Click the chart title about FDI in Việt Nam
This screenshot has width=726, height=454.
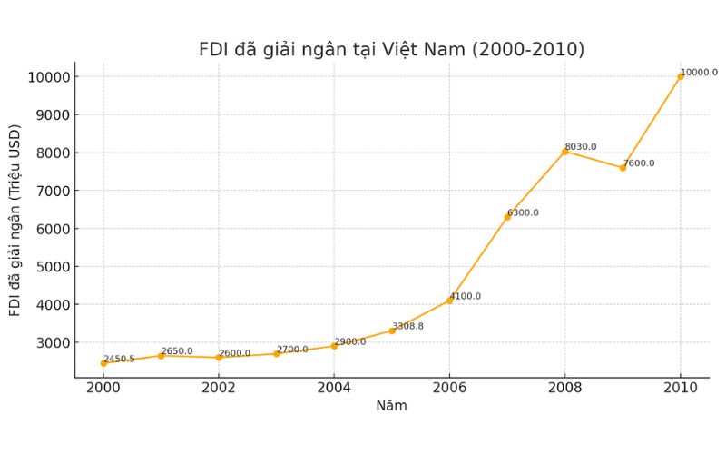coord(391,50)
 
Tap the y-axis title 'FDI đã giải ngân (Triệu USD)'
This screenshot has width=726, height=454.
coord(15,222)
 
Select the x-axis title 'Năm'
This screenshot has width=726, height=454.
coord(391,406)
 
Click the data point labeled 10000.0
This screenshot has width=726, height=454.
coord(681,76)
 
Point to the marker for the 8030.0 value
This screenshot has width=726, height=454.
coord(565,152)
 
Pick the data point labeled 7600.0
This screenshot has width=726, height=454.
coord(623,168)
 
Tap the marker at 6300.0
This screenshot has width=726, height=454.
coord(507,217)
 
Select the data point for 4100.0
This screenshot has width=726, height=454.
coord(449,301)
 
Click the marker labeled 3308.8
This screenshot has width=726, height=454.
coord(392,331)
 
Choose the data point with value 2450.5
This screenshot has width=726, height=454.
coord(103,363)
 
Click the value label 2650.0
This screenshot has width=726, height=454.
coord(177,350)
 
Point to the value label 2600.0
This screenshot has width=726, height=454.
coord(234,353)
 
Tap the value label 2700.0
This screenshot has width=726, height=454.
coord(292,349)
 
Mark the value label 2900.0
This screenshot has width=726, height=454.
coord(350,341)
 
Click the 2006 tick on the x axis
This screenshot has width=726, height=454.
coord(449,386)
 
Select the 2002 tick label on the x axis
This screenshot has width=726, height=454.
coord(219,386)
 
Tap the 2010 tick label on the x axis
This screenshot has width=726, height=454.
coord(681,386)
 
